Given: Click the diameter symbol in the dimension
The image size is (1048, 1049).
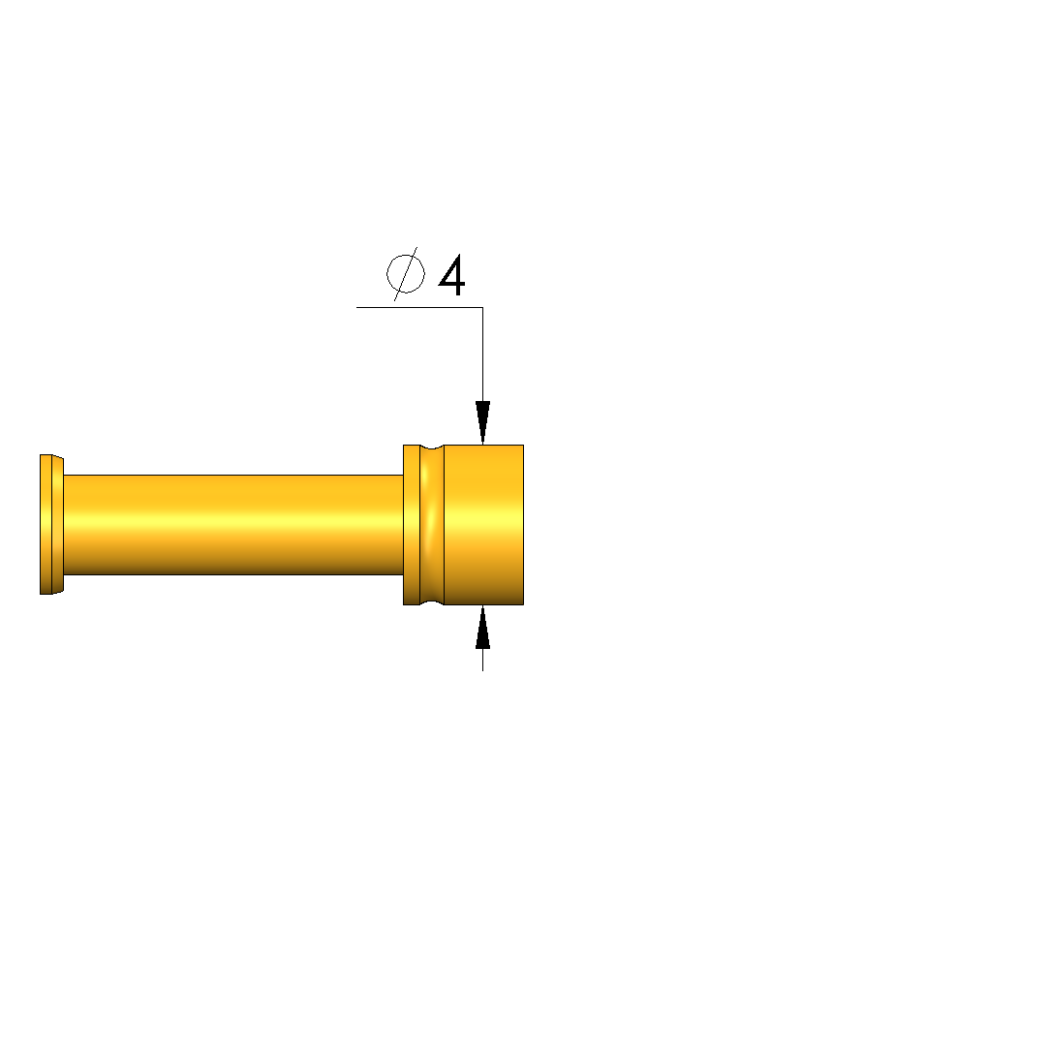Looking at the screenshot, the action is point(405,273).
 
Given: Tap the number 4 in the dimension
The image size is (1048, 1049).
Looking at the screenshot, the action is point(452,275).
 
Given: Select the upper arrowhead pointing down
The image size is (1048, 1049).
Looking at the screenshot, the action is point(483,422).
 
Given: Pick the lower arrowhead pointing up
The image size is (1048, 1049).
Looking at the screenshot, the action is point(483,627).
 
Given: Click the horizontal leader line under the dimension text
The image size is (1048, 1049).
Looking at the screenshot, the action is point(419,308).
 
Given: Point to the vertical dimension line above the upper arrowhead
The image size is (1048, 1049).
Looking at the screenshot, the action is point(483,355).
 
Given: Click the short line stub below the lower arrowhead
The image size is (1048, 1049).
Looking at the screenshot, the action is point(483,660).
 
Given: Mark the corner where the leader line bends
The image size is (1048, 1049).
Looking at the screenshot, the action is point(483,308).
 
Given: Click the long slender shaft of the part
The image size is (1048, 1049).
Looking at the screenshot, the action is point(233,525).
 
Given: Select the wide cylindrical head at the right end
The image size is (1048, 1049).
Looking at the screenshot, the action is point(483,525).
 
